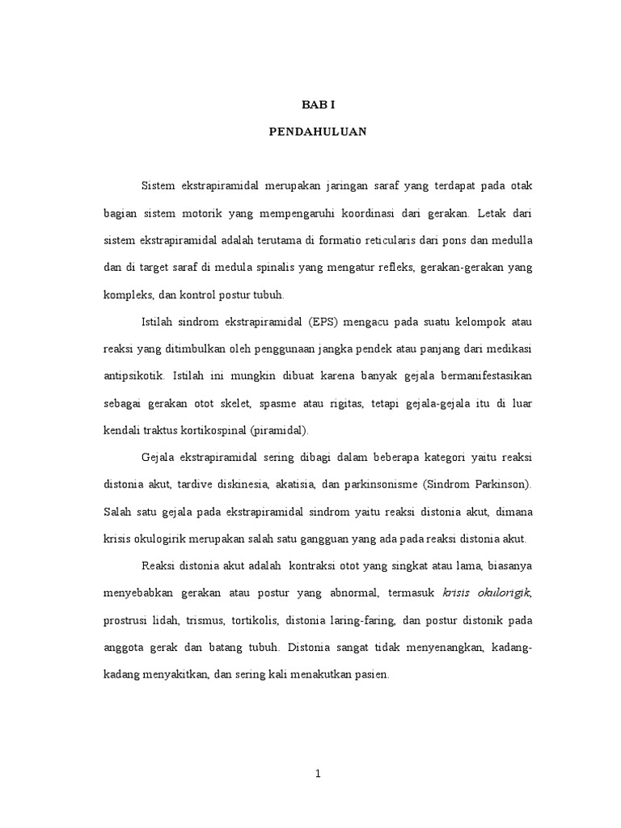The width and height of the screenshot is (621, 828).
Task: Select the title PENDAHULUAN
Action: [318, 133]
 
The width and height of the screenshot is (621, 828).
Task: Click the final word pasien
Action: [372, 674]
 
